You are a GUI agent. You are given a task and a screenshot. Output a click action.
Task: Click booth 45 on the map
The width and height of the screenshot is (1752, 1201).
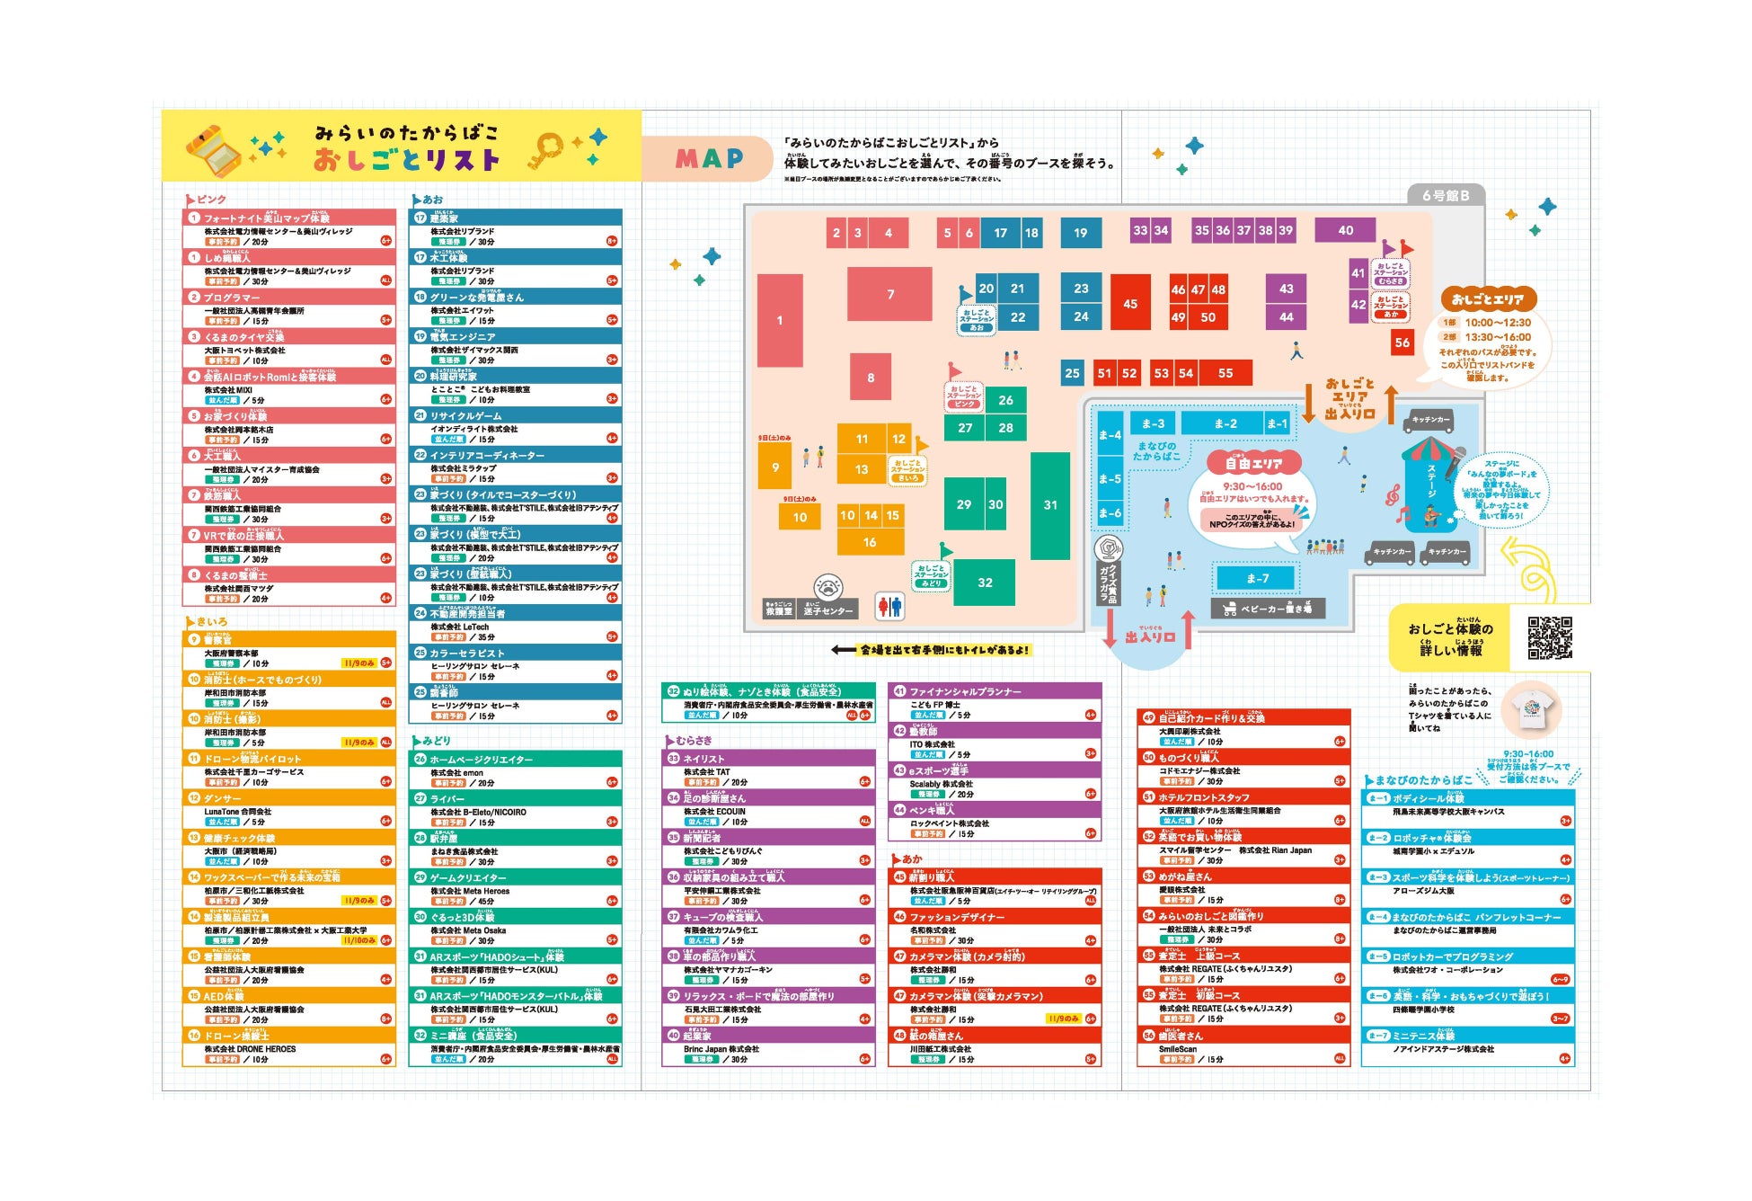[x=1129, y=304]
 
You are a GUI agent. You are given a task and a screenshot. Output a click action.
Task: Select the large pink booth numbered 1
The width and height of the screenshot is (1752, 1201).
[x=779, y=320]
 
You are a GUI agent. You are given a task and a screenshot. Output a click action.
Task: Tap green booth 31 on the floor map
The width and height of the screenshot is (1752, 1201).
[x=1049, y=505]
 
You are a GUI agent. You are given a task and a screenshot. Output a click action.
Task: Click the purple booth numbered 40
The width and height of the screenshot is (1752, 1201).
[x=1345, y=230]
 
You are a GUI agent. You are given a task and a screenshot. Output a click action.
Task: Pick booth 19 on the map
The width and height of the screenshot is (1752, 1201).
[x=1080, y=233]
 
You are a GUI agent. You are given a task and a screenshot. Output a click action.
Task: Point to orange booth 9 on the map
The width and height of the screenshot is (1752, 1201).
[x=774, y=467]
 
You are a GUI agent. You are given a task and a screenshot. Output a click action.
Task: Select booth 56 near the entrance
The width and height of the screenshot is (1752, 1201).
[x=1402, y=343]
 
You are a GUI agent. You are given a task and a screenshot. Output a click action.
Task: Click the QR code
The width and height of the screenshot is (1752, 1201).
[x=1549, y=637]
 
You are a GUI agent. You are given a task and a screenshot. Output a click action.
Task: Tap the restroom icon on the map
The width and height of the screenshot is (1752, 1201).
[x=889, y=608]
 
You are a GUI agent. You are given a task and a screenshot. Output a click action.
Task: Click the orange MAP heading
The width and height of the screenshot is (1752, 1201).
[x=709, y=159]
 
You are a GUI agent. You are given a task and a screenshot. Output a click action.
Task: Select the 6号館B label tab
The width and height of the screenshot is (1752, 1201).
[x=1445, y=195]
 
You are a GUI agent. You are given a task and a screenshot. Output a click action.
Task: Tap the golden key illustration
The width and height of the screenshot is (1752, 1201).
[x=545, y=150]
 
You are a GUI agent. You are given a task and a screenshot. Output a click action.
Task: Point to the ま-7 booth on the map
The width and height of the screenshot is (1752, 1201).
[x=1256, y=578]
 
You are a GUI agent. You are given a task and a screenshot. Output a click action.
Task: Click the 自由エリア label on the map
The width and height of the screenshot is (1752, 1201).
[x=1254, y=463]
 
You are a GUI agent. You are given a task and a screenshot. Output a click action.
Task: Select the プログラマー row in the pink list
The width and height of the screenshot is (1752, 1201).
[x=288, y=297]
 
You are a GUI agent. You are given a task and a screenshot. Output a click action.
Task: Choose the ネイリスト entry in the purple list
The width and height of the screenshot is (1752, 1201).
[x=768, y=759]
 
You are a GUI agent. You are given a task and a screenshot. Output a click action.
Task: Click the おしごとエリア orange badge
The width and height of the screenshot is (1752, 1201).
[x=1488, y=299]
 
